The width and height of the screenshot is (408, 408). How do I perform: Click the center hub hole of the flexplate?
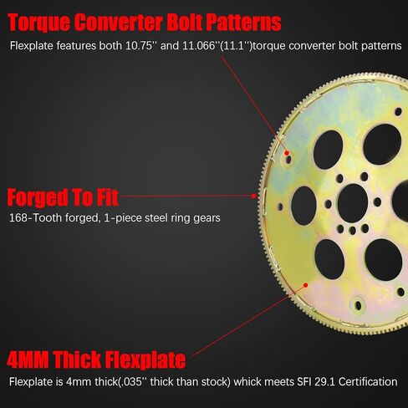(354, 201)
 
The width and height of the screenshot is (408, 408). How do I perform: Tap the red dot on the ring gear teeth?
(254, 195)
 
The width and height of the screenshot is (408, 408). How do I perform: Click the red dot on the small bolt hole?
(289, 155)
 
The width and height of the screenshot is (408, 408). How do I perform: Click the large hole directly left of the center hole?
(303, 205)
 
